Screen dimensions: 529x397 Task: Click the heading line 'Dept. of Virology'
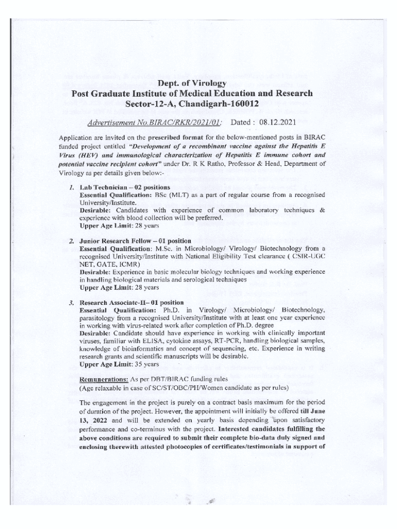coord(192,83)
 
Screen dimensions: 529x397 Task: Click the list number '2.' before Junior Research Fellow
coord(72,241)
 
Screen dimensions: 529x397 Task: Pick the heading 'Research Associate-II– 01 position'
coord(131,302)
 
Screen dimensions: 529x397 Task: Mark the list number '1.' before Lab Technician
coord(72,186)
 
